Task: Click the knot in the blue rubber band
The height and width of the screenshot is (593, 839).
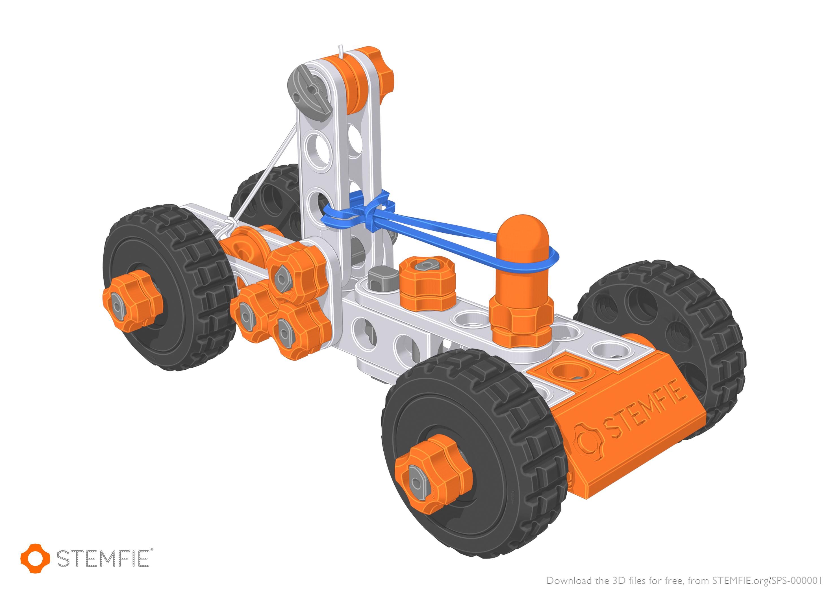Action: [376, 212]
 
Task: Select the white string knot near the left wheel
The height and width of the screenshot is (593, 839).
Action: [229, 224]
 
